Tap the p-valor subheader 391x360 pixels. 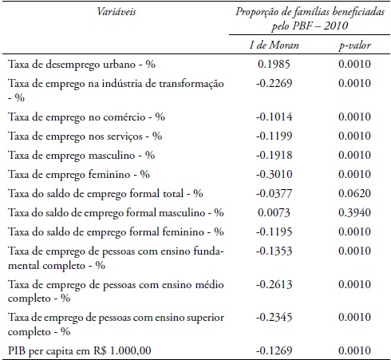click(351, 45)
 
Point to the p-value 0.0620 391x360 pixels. click(351, 193)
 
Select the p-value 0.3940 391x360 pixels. click(351, 212)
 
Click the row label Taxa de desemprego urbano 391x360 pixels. click(81, 63)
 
